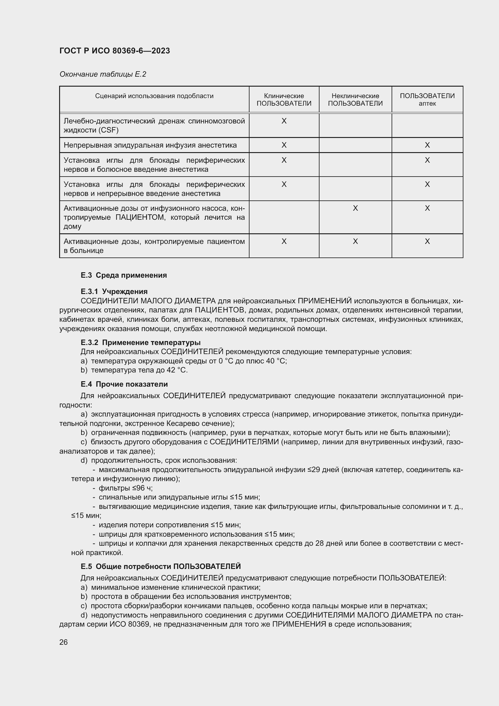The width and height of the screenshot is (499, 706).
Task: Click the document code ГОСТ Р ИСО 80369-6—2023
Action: pos(115,51)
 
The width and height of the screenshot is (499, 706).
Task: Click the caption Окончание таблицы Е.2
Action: pos(103,74)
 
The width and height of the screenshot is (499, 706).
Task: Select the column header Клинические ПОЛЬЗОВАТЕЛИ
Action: pos(284,100)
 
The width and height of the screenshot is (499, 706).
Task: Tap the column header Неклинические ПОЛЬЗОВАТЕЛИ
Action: pos(355,100)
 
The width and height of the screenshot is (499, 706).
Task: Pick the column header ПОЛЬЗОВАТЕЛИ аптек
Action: pos(427,100)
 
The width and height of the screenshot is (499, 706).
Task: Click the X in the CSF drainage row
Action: pos(284,121)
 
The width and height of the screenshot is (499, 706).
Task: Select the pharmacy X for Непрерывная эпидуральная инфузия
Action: pos(427,145)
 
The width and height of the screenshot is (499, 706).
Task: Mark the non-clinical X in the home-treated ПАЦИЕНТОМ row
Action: pos(355,209)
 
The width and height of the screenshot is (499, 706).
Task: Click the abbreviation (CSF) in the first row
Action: pos(109,130)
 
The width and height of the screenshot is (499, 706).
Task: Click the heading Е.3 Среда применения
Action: pos(123,275)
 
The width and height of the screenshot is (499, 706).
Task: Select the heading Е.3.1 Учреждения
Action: pos(114,291)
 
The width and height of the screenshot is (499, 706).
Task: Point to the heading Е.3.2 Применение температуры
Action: pos(140,342)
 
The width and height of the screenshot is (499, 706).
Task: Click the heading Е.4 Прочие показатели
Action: pos(124,384)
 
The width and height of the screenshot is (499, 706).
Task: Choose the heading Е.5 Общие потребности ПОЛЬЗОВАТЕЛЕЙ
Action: pos(161,566)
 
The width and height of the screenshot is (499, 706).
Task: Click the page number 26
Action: pos(64,642)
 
